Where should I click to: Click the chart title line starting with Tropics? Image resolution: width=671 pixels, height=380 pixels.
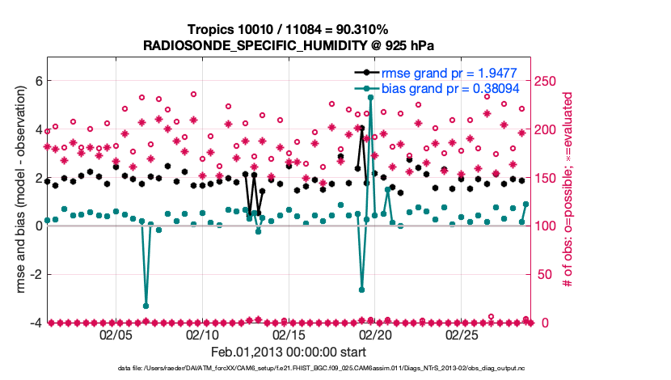288,30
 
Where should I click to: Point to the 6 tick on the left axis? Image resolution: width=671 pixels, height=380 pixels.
37,81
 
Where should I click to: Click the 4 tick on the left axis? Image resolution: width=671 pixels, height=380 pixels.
37,129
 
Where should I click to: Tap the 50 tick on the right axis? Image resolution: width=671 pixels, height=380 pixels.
543,274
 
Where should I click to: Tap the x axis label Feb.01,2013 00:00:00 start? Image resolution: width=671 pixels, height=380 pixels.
288,352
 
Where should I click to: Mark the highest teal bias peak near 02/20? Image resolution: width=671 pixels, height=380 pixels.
370,97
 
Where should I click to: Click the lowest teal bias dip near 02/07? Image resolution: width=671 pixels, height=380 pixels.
146,306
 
